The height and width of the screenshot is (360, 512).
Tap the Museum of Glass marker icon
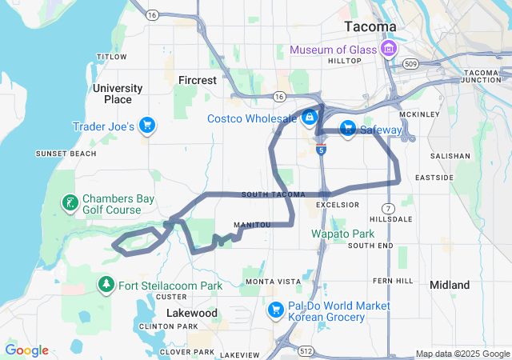(x=390, y=50)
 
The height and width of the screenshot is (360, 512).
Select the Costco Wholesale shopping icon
(x=309, y=118)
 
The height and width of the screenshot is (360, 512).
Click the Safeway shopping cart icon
(x=347, y=129)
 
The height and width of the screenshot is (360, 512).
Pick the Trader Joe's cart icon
(x=146, y=126)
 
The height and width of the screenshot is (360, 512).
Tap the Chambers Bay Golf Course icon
(x=70, y=203)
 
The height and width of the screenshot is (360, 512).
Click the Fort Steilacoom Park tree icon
(x=106, y=285)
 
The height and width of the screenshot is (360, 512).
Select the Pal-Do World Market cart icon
(x=276, y=310)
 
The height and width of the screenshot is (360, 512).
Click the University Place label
(x=118, y=94)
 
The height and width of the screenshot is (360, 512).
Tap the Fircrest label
(x=197, y=80)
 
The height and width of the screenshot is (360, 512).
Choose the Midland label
(x=450, y=285)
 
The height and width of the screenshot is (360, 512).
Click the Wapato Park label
(x=342, y=234)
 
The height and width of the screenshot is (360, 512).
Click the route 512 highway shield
(x=305, y=350)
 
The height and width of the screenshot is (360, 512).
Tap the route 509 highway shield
(x=410, y=63)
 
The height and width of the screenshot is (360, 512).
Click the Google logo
(x=26, y=350)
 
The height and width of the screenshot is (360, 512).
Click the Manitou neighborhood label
(x=252, y=225)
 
